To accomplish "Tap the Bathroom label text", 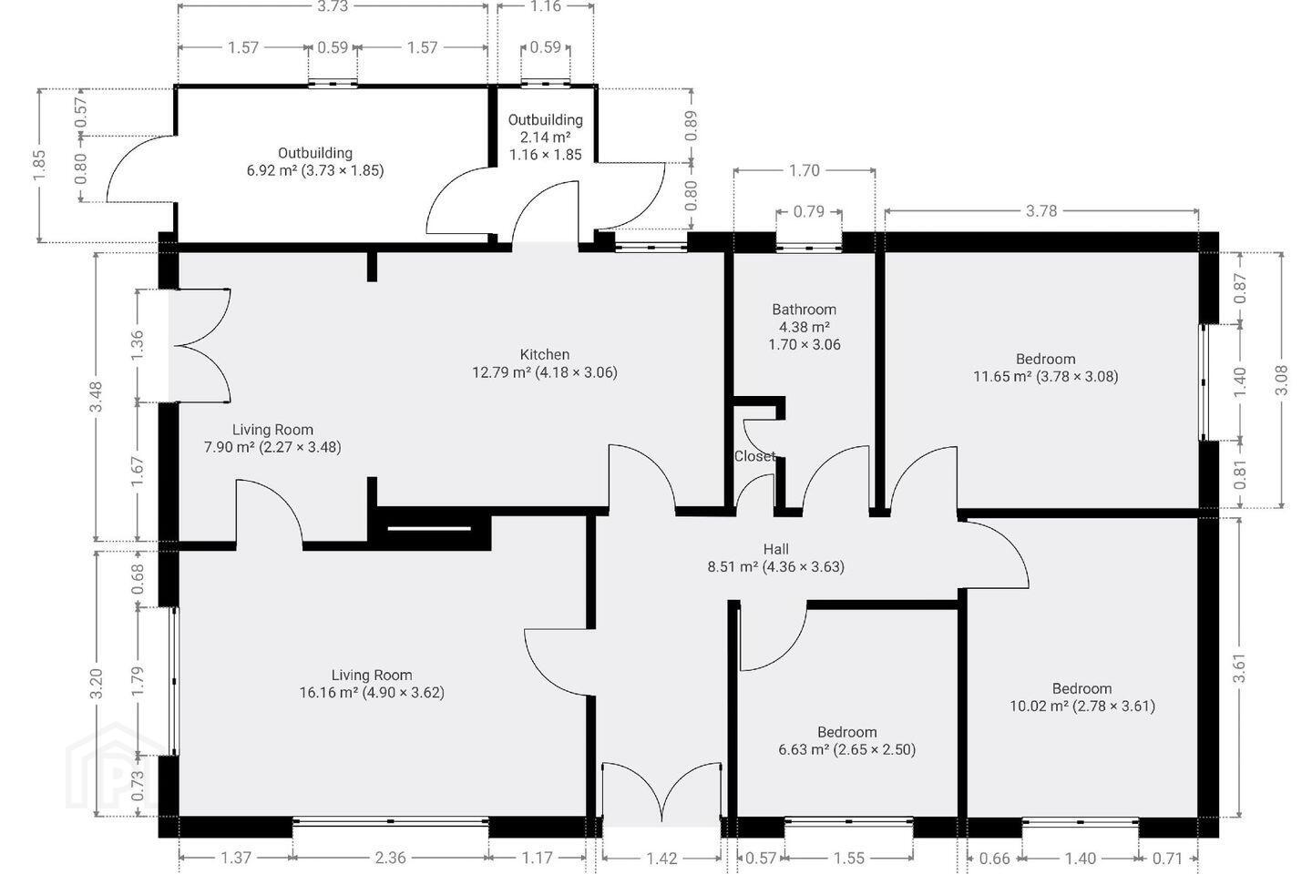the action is click(x=805, y=310).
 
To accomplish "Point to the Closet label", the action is click(x=755, y=456).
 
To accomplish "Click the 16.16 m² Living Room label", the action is click(x=372, y=684).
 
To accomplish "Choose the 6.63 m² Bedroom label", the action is click(x=847, y=740).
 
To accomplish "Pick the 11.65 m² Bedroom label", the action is click(x=1046, y=368).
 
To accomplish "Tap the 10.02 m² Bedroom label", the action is click(x=1081, y=697).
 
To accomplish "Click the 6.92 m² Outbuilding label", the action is click(x=315, y=161).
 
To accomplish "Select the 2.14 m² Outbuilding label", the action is click(x=545, y=137).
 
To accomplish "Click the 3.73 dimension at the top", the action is click(x=333, y=6).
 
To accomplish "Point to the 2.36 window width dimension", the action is click(x=390, y=858).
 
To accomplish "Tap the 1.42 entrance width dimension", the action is click(x=661, y=859).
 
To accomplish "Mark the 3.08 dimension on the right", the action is click(x=1282, y=380).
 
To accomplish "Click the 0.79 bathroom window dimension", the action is click(x=809, y=211).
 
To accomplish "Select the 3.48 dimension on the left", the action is click(x=97, y=396).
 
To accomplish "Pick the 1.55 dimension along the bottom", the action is click(x=849, y=859).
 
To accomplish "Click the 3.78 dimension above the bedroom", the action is click(x=1041, y=210).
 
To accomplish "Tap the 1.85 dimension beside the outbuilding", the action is click(x=38, y=166).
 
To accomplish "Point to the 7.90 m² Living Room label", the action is click(x=272, y=439).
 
